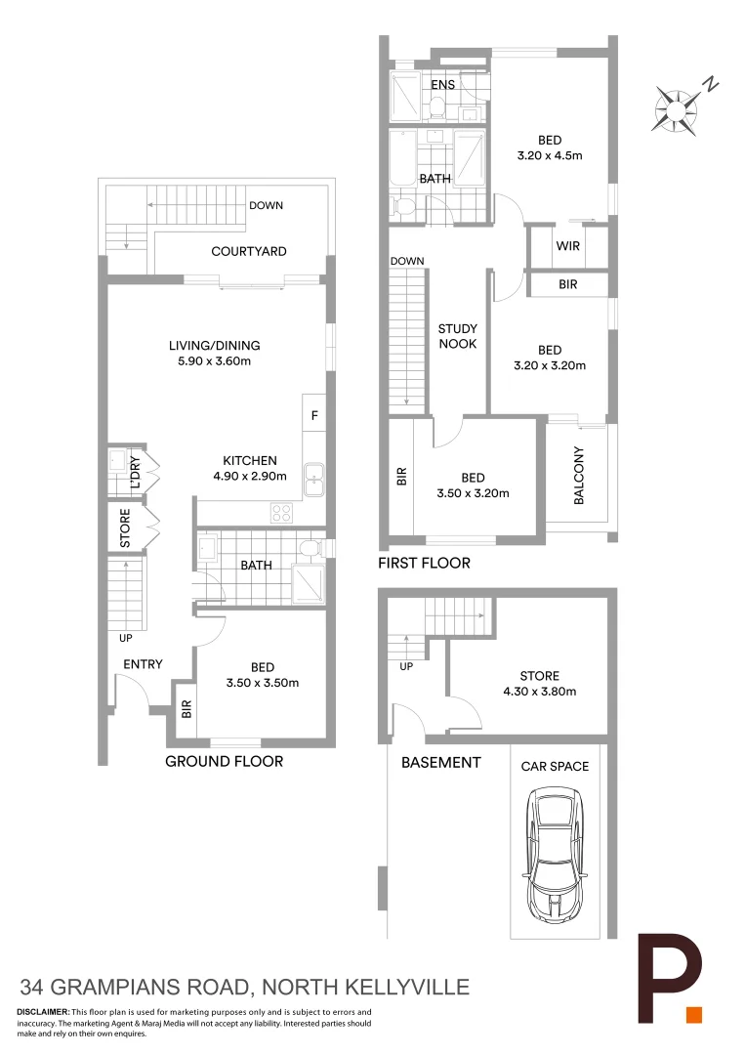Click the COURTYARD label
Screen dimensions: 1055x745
tap(249, 251)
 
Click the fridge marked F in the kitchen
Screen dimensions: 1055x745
tap(313, 415)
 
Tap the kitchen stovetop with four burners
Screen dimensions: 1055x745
tap(282, 511)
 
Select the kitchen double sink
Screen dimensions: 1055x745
tap(314, 478)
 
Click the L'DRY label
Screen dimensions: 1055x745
tap(135, 474)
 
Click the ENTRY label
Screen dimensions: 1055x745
tap(143, 664)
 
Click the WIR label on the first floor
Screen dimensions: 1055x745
tap(567, 246)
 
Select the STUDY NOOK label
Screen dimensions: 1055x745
tap(457, 336)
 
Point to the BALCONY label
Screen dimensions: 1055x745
tap(579, 476)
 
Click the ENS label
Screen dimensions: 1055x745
tap(443, 85)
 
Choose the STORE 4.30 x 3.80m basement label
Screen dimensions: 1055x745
tap(539, 684)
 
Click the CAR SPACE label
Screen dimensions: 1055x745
tap(555, 766)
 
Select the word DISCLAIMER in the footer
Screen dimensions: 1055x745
tap(43, 1012)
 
